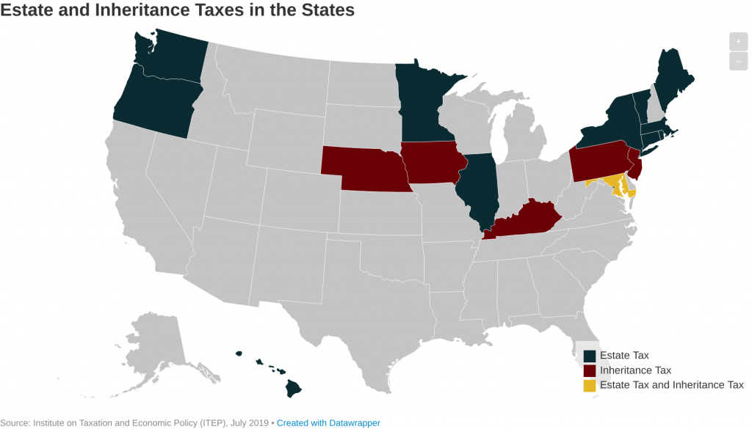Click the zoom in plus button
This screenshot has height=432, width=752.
point(738,42)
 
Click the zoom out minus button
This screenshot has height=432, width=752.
point(738,62)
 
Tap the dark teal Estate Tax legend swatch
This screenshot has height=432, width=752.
point(590,356)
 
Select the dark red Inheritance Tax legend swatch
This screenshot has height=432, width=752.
point(590,370)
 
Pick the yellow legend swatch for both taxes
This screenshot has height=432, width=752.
point(590,385)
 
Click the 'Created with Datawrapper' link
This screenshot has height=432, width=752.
point(328,423)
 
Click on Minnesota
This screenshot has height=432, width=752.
point(422,103)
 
